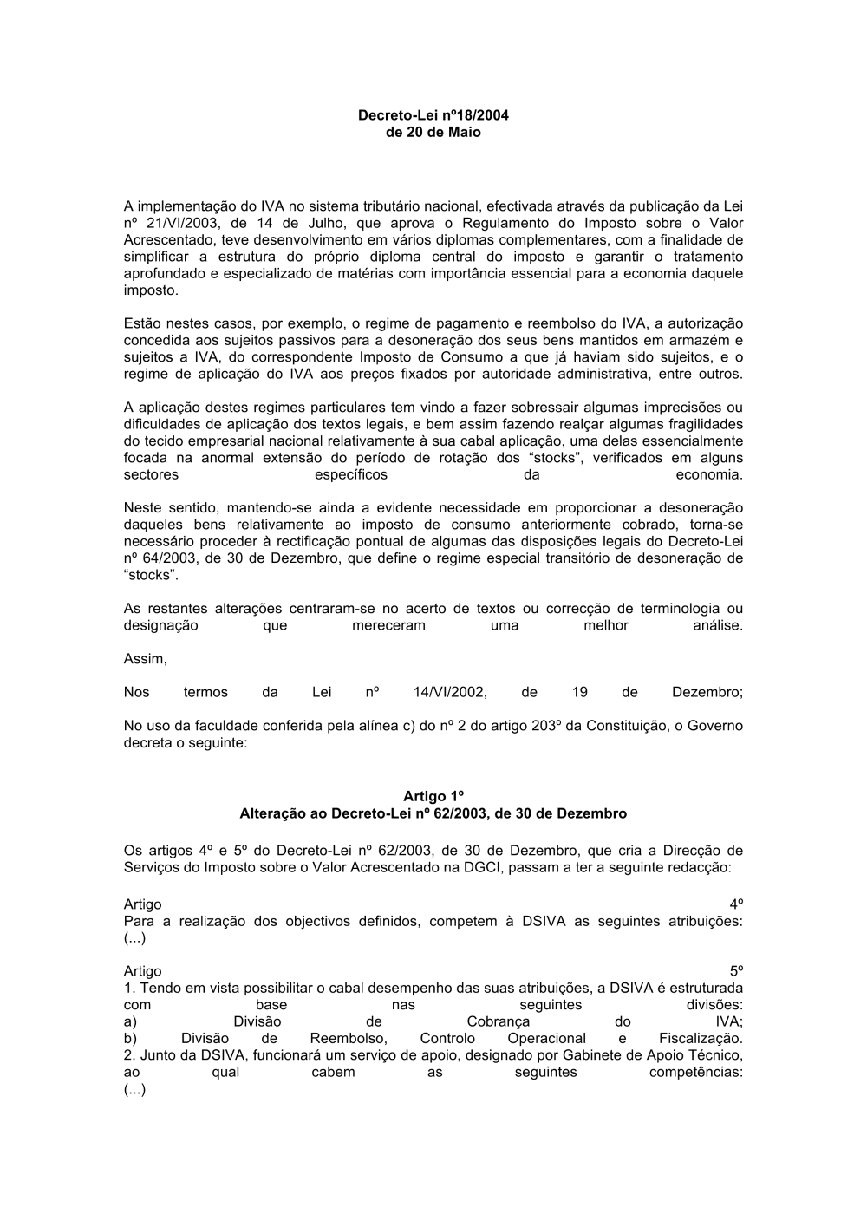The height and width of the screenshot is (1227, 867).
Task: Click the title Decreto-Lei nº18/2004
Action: [433, 114]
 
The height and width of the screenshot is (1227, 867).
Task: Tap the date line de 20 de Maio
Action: [433, 132]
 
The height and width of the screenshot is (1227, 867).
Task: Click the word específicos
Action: [350, 475]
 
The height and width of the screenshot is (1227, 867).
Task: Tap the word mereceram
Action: [388, 625]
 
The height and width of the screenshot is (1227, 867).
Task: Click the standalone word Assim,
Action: [145, 659]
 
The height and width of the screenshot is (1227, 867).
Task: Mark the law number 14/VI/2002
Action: [450, 692]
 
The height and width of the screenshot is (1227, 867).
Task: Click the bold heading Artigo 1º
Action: [433, 796]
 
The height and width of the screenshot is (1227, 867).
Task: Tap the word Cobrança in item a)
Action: [498, 1021]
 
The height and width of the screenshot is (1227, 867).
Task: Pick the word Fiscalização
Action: [701, 1038]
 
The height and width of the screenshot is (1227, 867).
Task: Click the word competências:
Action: [695, 1072]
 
